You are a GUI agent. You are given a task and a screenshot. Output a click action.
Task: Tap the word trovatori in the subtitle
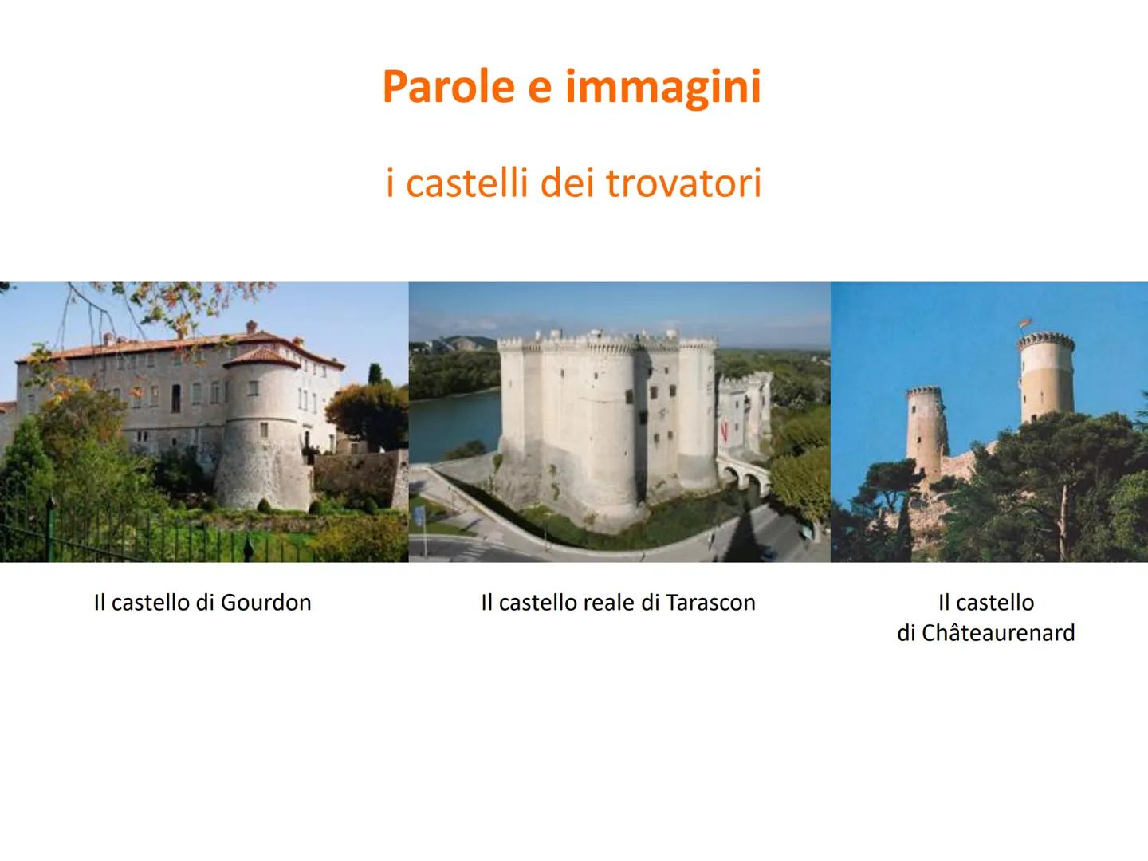click(x=683, y=183)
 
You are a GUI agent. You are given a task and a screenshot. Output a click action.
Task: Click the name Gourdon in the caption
click(x=265, y=603)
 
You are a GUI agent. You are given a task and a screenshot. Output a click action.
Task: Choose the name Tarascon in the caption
click(x=710, y=603)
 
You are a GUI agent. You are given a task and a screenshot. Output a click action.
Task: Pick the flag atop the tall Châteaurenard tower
click(x=1024, y=324)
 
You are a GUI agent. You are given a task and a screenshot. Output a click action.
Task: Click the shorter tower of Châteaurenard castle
click(x=925, y=431)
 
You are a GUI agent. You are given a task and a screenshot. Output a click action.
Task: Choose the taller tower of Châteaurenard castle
click(x=1046, y=375)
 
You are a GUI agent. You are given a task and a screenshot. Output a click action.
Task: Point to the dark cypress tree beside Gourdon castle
click(x=375, y=375)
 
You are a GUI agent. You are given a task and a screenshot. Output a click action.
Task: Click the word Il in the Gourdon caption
click(x=100, y=603)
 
